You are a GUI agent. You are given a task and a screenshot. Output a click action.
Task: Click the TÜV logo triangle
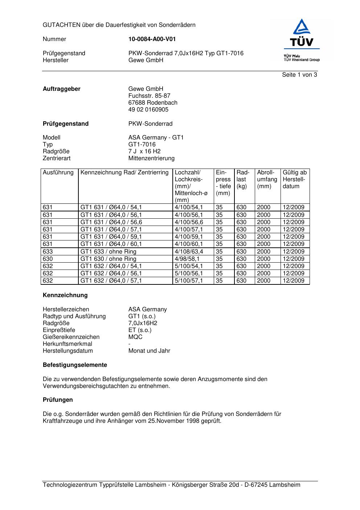[302, 27]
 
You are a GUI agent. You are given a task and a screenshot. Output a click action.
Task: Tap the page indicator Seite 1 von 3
[299, 75]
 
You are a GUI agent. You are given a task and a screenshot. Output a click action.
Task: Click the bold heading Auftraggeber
[61, 89]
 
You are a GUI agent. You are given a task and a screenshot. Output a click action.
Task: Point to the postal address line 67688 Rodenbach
[153, 103]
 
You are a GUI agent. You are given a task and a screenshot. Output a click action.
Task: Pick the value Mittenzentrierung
[151, 158]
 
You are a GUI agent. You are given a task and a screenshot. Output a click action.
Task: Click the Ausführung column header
[58, 173]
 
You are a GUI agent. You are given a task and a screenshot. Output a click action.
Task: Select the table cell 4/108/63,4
[189, 252]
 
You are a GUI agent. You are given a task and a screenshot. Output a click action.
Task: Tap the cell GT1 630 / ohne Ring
[108, 259]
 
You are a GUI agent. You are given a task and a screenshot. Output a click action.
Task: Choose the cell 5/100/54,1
[189, 266]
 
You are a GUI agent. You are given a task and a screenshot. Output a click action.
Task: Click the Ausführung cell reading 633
[48, 252]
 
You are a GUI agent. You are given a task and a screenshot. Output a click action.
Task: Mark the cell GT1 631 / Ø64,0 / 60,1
[111, 244]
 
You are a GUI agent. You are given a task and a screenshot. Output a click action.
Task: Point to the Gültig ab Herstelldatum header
[294, 179]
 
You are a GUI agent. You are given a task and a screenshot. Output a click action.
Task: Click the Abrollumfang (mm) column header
[267, 179]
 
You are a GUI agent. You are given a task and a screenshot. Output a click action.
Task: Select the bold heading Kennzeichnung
[65, 295]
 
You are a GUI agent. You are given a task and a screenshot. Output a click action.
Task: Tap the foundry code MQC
[135, 337]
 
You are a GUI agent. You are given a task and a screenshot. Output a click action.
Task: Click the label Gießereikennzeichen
[71, 337]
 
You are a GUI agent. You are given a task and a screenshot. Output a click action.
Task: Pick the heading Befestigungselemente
[75, 365]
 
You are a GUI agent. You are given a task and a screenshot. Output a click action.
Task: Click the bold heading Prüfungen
[58, 400]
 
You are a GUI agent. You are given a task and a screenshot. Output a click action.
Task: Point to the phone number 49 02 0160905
[148, 110]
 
